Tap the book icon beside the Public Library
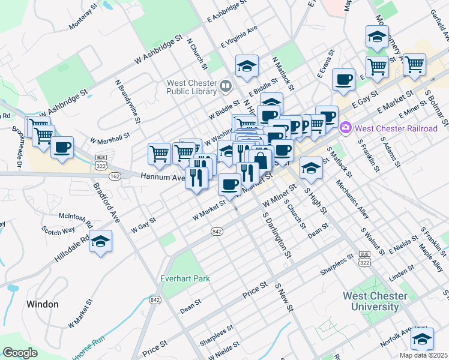coord(226,86)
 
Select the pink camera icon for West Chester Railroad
coord(345,127)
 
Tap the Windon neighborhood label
coord(43,304)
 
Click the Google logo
coord(20,353)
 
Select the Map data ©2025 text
coord(423,355)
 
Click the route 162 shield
coord(115,176)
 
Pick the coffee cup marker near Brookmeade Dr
coord(62,147)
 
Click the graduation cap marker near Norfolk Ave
coord(422,339)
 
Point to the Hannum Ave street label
coord(163,177)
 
